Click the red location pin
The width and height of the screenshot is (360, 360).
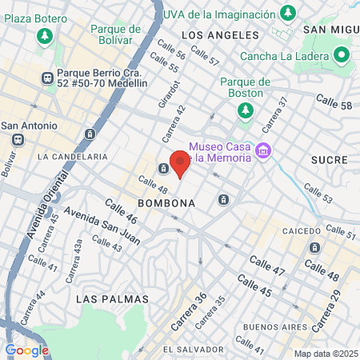coord(180,163)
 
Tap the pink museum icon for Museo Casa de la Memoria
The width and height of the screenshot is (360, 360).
coord(262,150)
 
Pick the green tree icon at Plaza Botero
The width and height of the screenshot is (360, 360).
coord(45,36)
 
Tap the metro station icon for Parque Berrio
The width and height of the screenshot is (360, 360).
coord(46,78)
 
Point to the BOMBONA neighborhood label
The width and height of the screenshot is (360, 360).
coord(166,203)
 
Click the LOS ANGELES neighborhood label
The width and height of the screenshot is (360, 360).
coord(220,35)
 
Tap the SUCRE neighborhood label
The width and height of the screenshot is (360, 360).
coord(330,159)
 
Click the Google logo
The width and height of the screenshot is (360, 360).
coord(26,350)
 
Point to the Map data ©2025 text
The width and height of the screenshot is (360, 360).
coord(325,354)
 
